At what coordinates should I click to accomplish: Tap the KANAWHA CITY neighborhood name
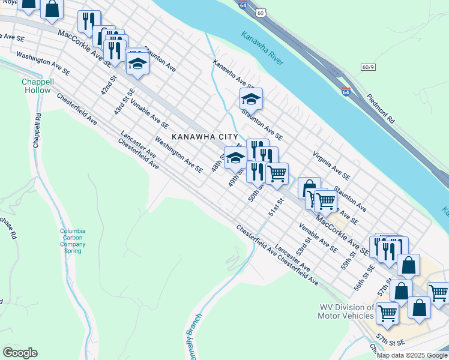click(205, 137)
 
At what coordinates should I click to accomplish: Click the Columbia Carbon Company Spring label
click(73, 241)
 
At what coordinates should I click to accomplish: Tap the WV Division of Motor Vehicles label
click(346, 312)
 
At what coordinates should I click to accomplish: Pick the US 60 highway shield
click(259, 13)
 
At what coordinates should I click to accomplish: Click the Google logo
click(20, 352)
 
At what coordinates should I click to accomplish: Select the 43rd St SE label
click(124, 101)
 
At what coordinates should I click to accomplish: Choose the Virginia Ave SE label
click(331, 165)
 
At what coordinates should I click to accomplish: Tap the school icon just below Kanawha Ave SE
click(251, 100)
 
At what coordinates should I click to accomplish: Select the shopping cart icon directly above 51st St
click(277, 174)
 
